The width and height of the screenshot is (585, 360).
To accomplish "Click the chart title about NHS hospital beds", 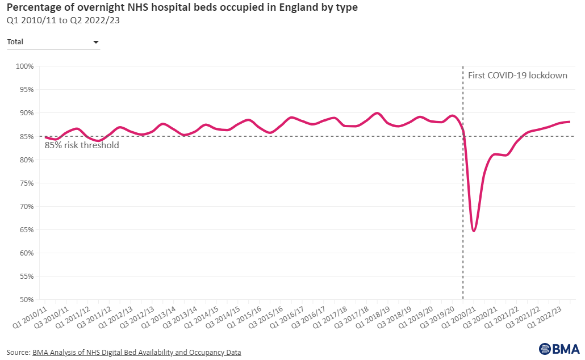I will [182, 9].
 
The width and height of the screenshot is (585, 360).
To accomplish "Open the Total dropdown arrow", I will [95, 42].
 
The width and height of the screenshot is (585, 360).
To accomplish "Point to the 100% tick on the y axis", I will [24, 66].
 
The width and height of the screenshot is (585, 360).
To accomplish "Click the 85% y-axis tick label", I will [26, 136].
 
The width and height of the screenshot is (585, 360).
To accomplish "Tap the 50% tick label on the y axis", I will [26, 300].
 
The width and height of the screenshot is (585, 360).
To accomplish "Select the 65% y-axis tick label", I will [26, 230].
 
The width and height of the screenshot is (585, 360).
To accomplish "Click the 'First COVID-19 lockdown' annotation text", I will [517, 75].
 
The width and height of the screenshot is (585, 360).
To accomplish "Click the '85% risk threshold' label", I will [82, 145].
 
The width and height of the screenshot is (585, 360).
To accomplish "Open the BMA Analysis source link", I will [137, 353].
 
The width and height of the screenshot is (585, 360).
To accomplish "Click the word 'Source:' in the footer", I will [19, 353].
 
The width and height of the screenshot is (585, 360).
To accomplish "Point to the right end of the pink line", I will [570, 122].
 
